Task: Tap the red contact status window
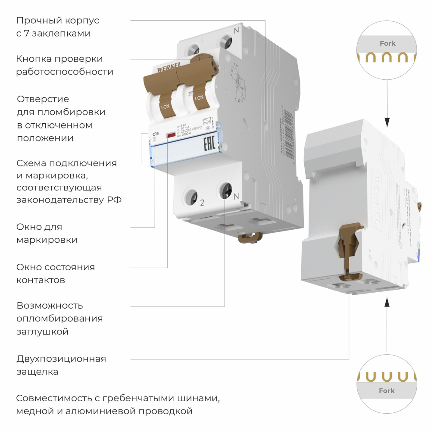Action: click(171, 137)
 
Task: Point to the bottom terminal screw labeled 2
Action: click(190, 197)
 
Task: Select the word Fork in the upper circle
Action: click(387, 43)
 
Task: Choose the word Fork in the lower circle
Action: click(387, 391)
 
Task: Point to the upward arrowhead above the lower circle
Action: click(387, 302)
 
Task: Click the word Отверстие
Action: click(43, 99)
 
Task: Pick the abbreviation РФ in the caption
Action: click(113, 200)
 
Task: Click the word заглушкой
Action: click(42, 332)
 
